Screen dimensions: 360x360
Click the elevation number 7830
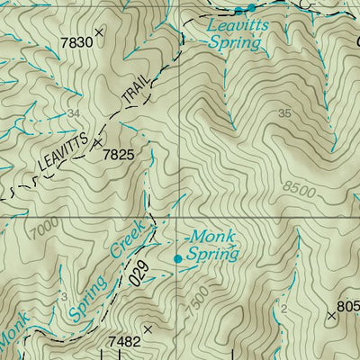pos(76,42)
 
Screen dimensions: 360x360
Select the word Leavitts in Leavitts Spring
pos(231,27)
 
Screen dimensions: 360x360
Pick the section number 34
pos(73,113)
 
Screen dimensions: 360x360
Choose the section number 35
pos(285,113)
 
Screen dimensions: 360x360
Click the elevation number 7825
pos(118,155)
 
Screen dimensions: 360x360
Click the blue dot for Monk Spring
pos(177,258)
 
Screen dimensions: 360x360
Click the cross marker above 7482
pos(148,328)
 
